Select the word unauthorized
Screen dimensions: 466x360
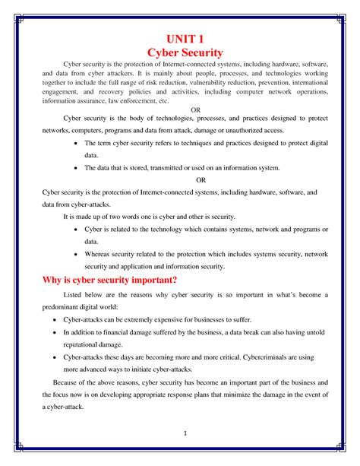[x=248, y=129]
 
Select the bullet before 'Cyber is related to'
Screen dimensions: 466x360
[x=74, y=229]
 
